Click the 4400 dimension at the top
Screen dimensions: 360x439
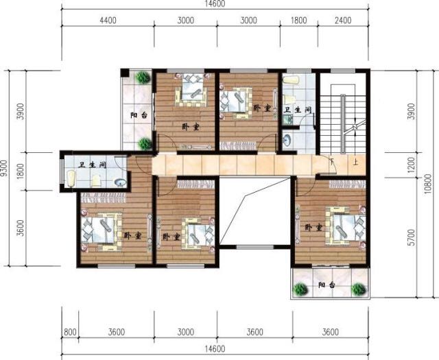coord(108,20)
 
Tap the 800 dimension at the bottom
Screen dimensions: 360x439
coord(69,334)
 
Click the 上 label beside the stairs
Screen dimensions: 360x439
coord(355,163)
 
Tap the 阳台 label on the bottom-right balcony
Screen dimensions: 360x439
coord(327,285)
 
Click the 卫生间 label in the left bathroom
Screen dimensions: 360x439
coord(91,165)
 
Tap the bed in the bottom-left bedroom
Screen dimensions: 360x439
coord(101,229)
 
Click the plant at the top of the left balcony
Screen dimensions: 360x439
coord(143,77)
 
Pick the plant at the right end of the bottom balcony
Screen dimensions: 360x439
coord(357,290)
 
